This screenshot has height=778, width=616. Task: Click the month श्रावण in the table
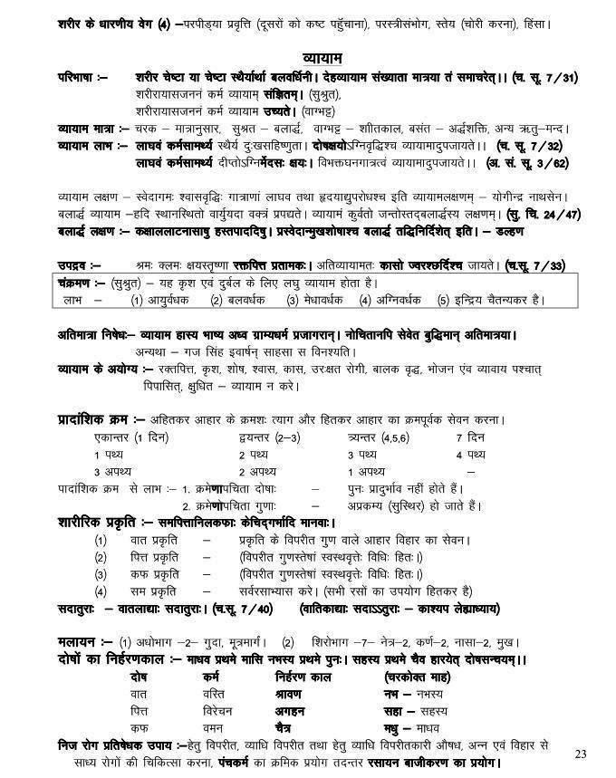[x=290, y=694]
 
